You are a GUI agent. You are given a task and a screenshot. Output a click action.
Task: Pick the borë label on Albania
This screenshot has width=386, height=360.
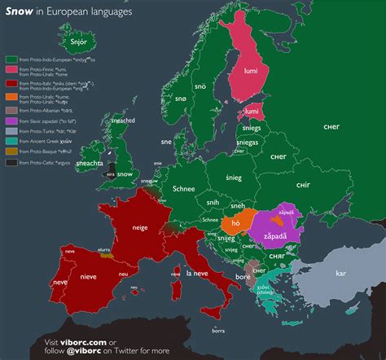pos(243,279)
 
